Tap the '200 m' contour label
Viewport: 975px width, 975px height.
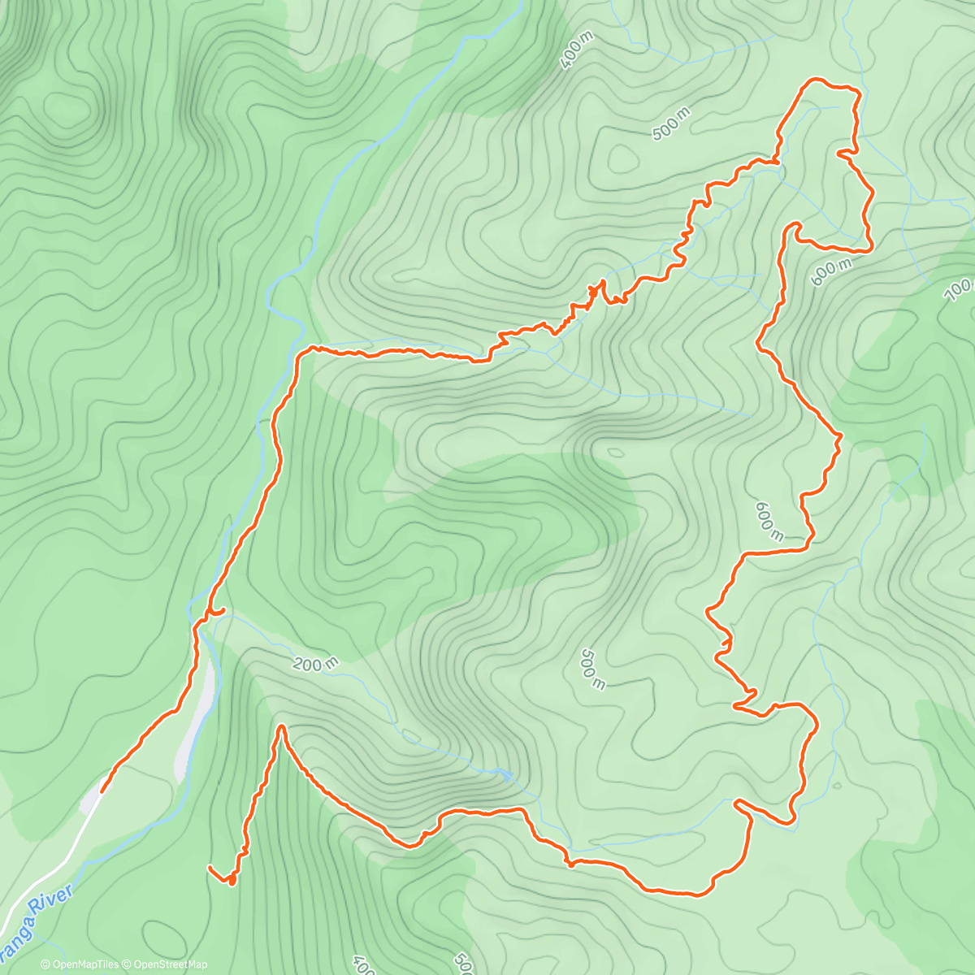tap(315, 664)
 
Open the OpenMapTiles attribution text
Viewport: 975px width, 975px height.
tap(80, 964)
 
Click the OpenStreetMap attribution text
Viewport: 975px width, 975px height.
tap(167, 964)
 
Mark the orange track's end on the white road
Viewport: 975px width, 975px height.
tap(102, 789)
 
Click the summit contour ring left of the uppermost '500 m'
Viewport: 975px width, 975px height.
tap(622, 158)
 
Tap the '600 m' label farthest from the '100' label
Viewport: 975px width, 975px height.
tap(769, 521)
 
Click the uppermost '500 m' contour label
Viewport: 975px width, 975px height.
tap(670, 122)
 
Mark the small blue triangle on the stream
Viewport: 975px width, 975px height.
tap(506, 775)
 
